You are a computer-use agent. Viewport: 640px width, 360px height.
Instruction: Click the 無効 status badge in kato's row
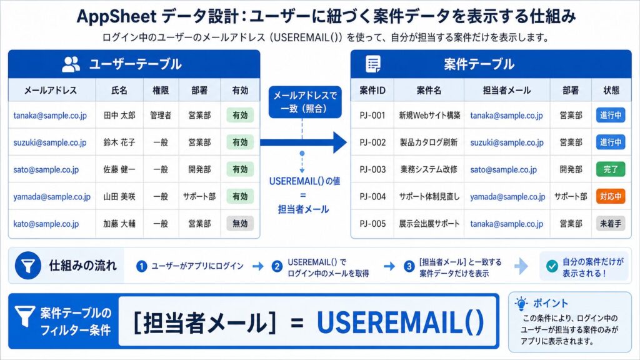(x=240, y=223)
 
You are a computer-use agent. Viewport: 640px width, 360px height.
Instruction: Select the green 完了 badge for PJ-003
(x=611, y=169)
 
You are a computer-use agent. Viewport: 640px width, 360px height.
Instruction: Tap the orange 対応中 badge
(x=611, y=196)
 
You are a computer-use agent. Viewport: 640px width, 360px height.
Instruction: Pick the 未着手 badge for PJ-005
(x=611, y=223)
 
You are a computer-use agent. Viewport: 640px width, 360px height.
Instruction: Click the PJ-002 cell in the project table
(x=372, y=142)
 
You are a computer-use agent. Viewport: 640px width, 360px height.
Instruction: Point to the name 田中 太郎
(x=119, y=116)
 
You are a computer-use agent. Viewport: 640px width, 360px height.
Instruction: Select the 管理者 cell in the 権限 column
(x=161, y=116)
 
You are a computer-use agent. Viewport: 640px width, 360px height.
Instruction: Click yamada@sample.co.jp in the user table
(x=52, y=197)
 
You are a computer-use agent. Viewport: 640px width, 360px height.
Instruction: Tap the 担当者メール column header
(x=506, y=90)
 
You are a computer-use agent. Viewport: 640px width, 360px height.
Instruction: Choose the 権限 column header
(x=161, y=90)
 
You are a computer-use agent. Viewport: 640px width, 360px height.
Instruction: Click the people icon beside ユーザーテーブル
(x=71, y=64)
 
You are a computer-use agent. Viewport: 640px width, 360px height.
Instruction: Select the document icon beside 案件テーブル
(x=373, y=64)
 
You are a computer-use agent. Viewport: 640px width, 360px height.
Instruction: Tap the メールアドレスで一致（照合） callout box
(x=305, y=102)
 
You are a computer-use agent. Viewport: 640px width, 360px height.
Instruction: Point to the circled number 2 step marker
(x=277, y=266)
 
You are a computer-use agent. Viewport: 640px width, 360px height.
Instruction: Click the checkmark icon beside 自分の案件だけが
(x=552, y=266)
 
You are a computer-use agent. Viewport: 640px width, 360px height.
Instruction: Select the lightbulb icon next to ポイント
(x=521, y=303)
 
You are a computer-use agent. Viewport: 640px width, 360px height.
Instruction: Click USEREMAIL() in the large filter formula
(x=400, y=322)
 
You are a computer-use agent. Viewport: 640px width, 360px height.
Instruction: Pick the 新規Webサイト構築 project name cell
(x=429, y=116)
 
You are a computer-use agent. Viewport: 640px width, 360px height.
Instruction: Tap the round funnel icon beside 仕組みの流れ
(x=27, y=266)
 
